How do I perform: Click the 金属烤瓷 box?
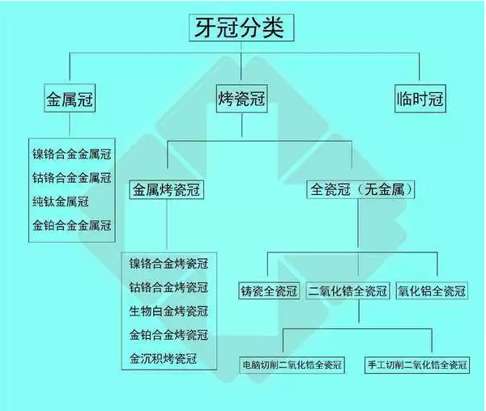click(x=166, y=191)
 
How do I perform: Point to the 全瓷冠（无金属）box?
click(x=362, y=191)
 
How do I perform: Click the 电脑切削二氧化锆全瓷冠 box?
click(x=292, y=365)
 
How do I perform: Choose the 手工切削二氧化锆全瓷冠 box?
click(x=416, y=365)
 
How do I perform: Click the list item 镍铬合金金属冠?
click(x=71, y=153)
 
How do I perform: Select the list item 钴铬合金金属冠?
click(x=71, y=177)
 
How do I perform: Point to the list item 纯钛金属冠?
click(x=60, y=201)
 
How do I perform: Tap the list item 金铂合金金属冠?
click(x=71, y=225)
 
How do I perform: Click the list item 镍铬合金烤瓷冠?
click(x=168, y=264)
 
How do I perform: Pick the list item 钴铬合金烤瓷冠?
click(x=168, y=287)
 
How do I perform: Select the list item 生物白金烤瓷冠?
click(x=168, y=311)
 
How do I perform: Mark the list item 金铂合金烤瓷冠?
click(x=168, y=335)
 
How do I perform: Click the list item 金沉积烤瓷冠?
click(x=163, y=358)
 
